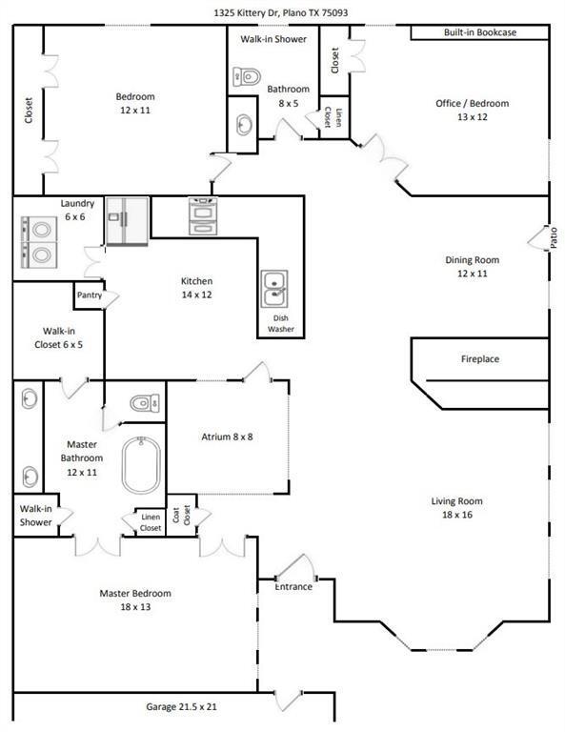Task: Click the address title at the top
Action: (x=280, y=12)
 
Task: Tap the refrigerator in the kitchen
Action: (x=127, y=221)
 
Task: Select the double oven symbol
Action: (x=203, y=216)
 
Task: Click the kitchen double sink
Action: (x=274, y=289)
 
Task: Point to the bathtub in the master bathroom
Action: (x=141, y=465)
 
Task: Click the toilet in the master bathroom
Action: (x=145, y=403)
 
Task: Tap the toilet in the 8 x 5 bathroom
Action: (x=247, y=76)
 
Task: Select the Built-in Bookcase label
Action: (x=480, y=32)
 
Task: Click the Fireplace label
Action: (x=480, y=359)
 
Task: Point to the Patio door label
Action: (x=554, y=237)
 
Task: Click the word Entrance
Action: (x=293, y=587)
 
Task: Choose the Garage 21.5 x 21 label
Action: (x=181, y=707)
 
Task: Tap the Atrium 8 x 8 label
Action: (x=227, y=437)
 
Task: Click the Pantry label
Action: (x=90, y=295)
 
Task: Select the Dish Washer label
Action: (x=281, y=323)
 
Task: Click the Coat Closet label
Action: (x=181, y=515)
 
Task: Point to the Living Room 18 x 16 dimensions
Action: (x=457, y=515)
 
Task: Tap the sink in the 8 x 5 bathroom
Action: (x=244, y=125)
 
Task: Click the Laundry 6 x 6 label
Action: (x=77, y=210)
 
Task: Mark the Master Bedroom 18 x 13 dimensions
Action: (x=135, y=607)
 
